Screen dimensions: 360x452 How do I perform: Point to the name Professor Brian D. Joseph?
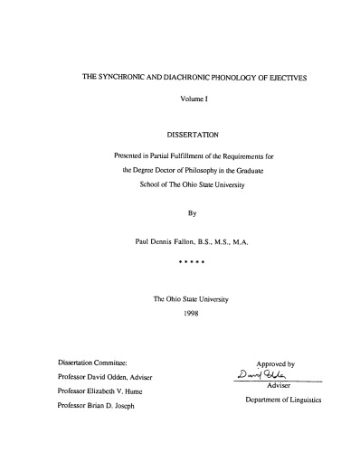pyautogui.click(x=107, y=406)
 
